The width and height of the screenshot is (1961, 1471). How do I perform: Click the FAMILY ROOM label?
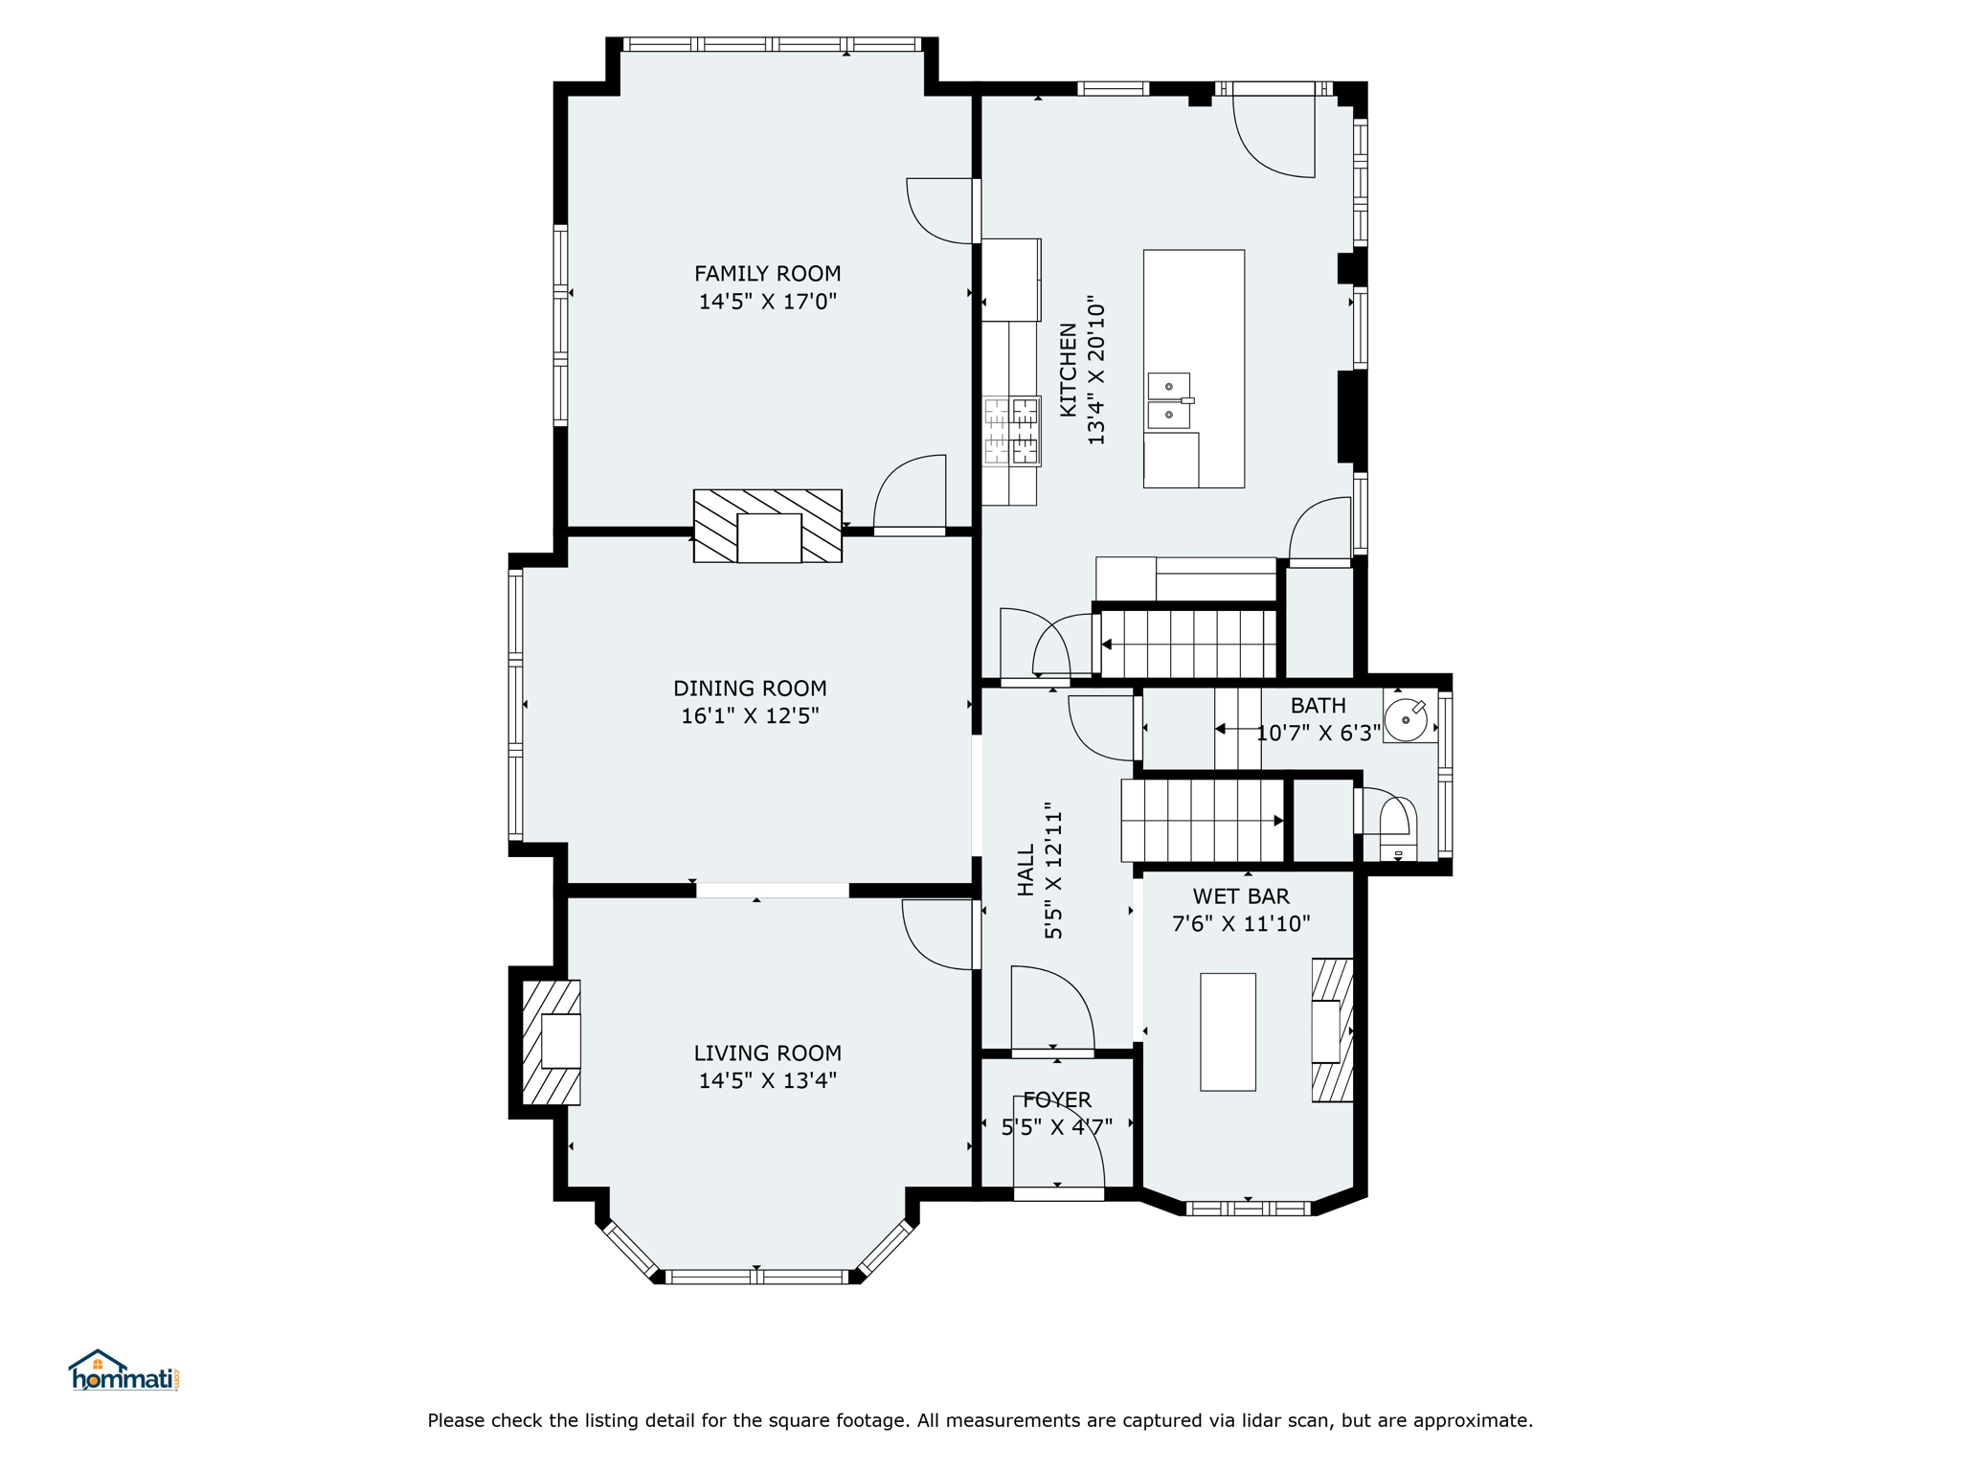pos(767,274)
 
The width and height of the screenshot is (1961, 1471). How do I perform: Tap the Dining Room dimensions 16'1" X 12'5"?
pos(750,716)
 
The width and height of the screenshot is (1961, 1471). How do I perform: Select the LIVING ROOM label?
pos(767,1053)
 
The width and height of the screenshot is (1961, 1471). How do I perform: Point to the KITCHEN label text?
pos(1068,370)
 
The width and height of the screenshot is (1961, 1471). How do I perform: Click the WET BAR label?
pos(1241,896)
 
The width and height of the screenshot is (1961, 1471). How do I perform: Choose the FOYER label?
pos(1057,1099)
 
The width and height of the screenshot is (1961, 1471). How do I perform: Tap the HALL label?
pos(1026,870)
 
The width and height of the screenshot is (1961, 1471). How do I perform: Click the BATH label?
pos(1318,706)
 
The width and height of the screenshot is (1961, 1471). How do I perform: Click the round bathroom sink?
pos(1406,719)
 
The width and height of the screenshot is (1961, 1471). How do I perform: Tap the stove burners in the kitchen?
pos(1011,431)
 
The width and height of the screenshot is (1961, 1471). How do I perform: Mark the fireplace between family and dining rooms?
pos(767,526)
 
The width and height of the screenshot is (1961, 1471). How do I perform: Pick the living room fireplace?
pos(552,1042)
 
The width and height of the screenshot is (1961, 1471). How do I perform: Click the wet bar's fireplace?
pos(1332,1030)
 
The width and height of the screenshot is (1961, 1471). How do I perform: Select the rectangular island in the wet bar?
pos(1228,1032)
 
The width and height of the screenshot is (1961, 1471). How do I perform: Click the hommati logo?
pos(124,1371)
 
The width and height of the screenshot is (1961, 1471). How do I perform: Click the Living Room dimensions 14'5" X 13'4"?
pos(767,1081)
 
